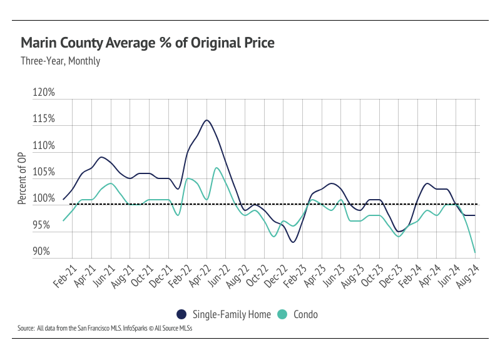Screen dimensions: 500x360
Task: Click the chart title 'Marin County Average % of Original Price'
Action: pos(148,43)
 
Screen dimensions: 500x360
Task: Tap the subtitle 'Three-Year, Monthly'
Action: pos(61,61)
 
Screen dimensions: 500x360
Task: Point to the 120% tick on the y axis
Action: pos(44,92)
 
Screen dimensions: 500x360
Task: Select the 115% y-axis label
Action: pos(44,119)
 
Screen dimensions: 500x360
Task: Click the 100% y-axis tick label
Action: pos(44,198)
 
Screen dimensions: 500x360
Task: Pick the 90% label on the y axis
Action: pos(41,251)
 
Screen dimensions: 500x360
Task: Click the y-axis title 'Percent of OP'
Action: pos(22,178)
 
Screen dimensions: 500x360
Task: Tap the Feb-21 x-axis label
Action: pos(65,276)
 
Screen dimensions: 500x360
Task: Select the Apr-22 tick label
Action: pos(200,276)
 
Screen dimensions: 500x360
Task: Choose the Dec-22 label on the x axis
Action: pos(276,276)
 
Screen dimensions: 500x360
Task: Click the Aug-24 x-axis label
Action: pos(468,276)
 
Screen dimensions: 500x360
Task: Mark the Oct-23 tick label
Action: pos(372,276)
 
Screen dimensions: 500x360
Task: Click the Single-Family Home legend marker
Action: pos(181,314)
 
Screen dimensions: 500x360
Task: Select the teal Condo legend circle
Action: pos(282,314)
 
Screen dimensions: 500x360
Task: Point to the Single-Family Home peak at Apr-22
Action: pos(207,120)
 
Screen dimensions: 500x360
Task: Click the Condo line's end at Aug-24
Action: pos(475,252)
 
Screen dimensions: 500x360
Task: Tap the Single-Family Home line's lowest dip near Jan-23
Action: pos(293,242)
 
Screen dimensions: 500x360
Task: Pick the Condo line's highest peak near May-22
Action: pos(217,168)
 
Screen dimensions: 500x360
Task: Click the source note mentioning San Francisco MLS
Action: pos(105,328)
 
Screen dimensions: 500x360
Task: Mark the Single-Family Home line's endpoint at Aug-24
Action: pos(475,215)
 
